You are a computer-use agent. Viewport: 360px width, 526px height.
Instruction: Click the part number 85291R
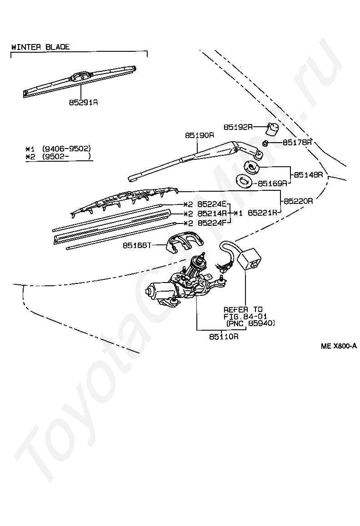coord(84,103)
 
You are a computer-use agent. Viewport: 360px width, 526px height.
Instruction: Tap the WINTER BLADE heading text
coord(40,47)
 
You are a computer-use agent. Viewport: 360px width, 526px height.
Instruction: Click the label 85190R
coord(199,135)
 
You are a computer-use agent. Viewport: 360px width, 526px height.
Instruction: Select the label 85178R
coord(297,143)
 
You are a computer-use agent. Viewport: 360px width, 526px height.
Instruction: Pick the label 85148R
coord(308,174)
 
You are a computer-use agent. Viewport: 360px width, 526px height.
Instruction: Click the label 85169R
coord(273,184)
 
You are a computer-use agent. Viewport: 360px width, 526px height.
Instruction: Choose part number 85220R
coord(298,200)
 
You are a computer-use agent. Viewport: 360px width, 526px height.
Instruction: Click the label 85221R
coord(263,213)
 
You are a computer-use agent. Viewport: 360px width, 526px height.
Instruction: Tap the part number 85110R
coord(224,337)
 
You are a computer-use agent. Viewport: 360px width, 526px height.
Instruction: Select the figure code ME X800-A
coord(338,346)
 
